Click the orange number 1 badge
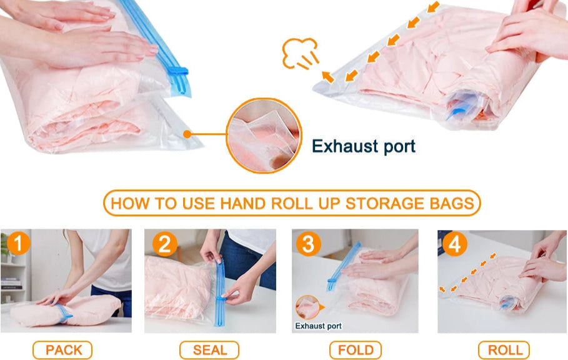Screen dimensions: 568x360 tap(18, 243)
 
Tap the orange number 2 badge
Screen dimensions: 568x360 tap(164, 244)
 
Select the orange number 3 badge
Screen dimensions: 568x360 tap(308, 244)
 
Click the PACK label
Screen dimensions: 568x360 tap(62, 350)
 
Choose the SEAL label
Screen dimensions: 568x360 tap(209, 350)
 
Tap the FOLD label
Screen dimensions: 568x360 tap(356, 350)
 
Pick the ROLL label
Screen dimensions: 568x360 tap(504, 350)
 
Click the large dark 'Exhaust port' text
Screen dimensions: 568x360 tap(363, 146)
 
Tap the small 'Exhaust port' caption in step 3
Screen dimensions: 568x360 tap(318, 326)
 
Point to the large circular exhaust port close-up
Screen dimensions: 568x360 tap(264, 135)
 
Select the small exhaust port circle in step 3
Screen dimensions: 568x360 tap(308, 307)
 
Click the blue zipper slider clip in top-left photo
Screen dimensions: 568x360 tap(177, 71)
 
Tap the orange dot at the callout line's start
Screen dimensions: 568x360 tap(187, 134)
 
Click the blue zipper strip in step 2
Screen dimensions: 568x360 tap(219, 293)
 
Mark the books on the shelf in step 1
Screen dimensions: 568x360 tap(11, 283)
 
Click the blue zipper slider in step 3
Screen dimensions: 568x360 tap(332, 281)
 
